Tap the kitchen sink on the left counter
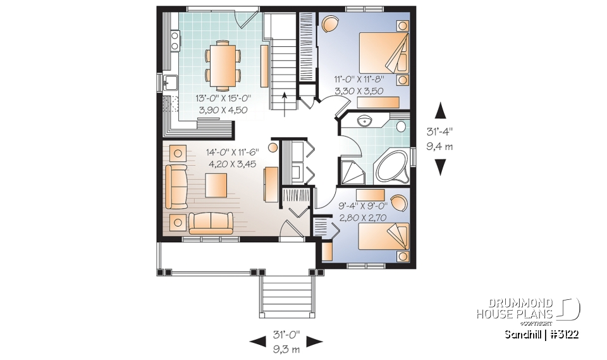[169, 82]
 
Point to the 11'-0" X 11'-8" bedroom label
[360, 85]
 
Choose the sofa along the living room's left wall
[176, 187]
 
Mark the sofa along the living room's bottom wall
[212, 223]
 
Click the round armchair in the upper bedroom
[330, 25]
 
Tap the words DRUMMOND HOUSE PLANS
[515, 309]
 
